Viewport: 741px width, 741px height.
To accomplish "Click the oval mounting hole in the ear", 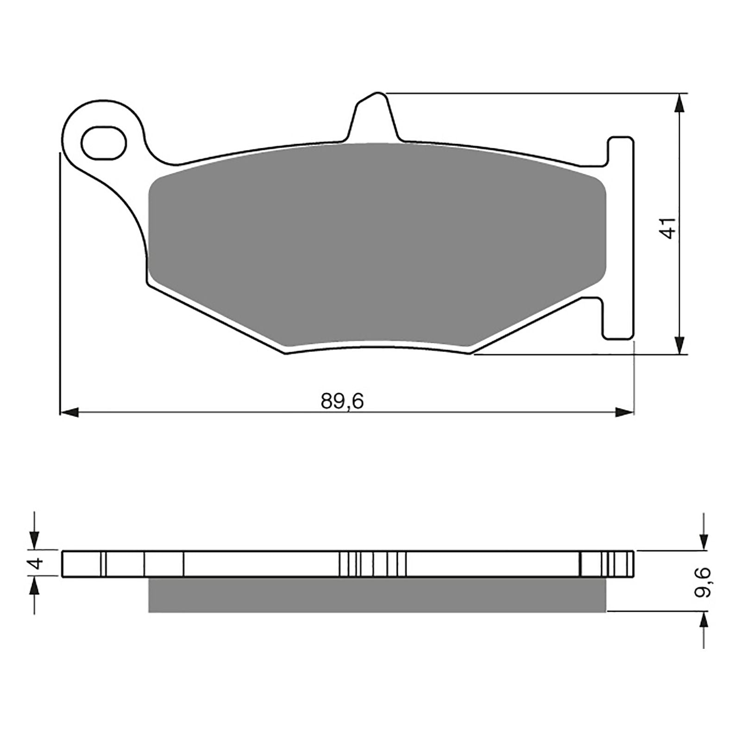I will (x=103, y=143).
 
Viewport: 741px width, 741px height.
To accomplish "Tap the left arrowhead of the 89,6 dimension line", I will (x=69, y=412).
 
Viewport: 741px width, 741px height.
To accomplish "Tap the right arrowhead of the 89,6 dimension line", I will (x=624, y=412).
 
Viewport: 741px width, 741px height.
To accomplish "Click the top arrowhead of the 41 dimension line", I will (x=679, y=103).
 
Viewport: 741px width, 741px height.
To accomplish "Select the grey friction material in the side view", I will (x=377, y=595).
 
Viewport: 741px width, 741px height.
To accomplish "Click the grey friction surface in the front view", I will (x=377, y=245).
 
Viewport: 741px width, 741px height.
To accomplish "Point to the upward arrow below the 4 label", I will (x=35, y=588).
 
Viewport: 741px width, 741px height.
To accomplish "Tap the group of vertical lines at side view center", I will (x=373, y=564).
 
